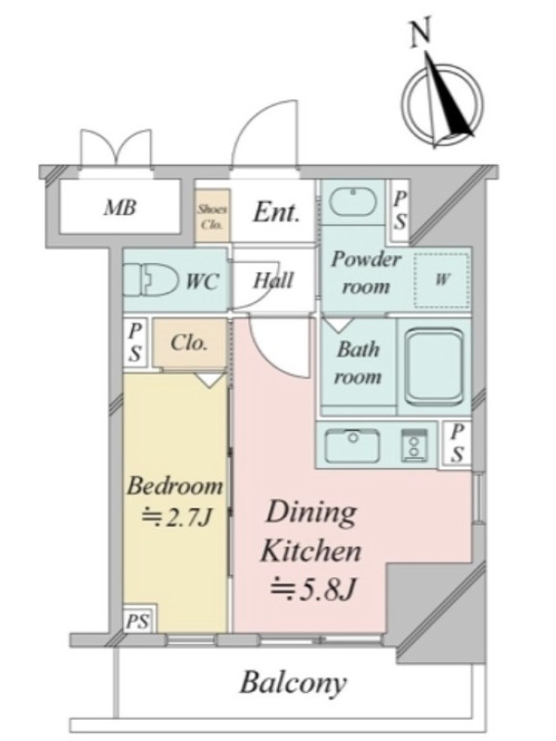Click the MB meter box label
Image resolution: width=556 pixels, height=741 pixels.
coord(120,207)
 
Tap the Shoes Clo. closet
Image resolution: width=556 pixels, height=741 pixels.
coord(213,216)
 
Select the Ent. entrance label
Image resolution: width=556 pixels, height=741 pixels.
coord(276,213)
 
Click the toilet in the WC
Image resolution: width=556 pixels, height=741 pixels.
coord(150,281)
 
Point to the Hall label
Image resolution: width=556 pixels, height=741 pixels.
coord(273,281)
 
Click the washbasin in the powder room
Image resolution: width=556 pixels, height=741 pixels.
coord(353,202)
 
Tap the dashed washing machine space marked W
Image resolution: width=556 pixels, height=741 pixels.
coord(442,280)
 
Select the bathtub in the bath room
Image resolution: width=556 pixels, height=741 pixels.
coord(434,367)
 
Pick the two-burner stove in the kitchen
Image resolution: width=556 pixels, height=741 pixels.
coord(415,445)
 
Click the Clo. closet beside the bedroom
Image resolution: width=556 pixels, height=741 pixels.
coord(189,343)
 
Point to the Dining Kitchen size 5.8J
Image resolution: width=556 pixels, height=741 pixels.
coord(312,589)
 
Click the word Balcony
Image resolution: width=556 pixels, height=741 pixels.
coord(294,683)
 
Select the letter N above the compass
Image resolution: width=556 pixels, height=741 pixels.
coord(421,32)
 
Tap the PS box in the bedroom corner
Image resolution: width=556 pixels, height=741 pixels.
coord(138,620)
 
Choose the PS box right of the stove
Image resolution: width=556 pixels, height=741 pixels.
coord(457,444)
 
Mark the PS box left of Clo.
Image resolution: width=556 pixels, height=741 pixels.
coord(135,343)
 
